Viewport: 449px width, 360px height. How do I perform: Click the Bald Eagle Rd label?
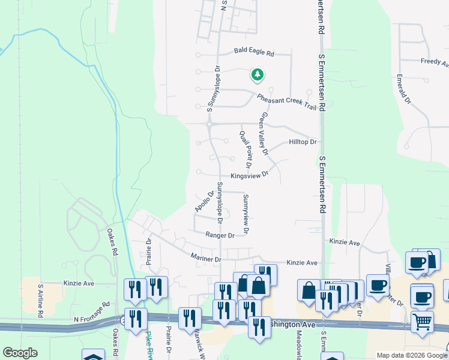pyautogui.click(x=253, y=53)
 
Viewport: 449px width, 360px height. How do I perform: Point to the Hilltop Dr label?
pyautogui.click(x=302, y=142)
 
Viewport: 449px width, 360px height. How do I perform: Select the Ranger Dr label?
pyautogui.click(x=218, y=235)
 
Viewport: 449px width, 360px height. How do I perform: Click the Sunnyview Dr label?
pyautogui.click(x=246, y=214)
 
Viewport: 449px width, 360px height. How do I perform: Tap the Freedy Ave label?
pyautogui.click(x=435, y=62)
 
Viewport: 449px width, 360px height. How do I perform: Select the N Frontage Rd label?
pyautogui.click(x=92, y=305)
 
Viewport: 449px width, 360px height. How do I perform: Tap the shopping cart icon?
pyautogui.click(x=422, y=322)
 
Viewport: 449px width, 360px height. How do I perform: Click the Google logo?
pyautogui.click(x=20, y=353)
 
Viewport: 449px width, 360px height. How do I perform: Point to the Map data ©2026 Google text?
pyautogui.click(x=411, y=355)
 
